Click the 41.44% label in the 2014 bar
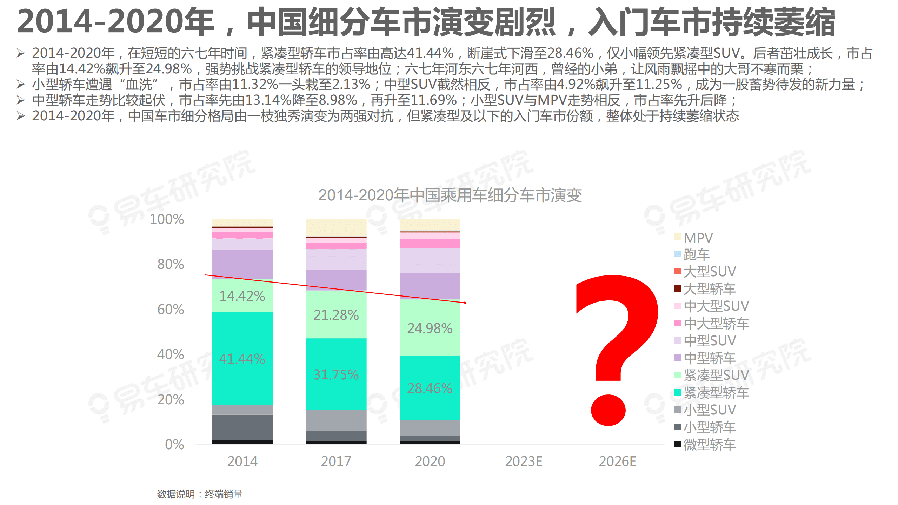click(242, 359)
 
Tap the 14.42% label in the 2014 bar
click(242, 296)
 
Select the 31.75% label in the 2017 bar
click(336, 374)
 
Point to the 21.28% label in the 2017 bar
click(336, 315)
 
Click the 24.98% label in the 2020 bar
click(430, 328)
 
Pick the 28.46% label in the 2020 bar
click(430, 388)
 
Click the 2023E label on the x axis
click(524, 461)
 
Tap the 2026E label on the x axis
click(617, 461)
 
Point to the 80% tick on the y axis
click(171, 264)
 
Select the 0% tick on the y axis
click(174, 444)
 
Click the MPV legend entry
click(698, 238)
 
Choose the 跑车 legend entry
click(697, 254)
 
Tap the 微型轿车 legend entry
click(709, 445)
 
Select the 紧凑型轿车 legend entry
click(716, 393)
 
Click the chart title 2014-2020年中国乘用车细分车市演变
click(450, 195)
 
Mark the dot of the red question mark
click(608, 410)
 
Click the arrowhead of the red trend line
click(465, 303)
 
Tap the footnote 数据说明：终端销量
click(200, 494)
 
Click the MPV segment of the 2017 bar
click(336, 227)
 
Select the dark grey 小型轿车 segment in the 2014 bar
click(242, 427)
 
